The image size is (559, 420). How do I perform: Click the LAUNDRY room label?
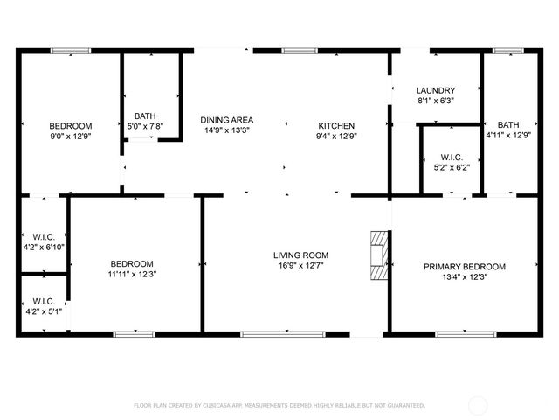point(435,90)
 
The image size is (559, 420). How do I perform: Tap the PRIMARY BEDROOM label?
point(465,266)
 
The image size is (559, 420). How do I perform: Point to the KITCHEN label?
point(336,125)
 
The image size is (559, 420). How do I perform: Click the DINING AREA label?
point(227,120)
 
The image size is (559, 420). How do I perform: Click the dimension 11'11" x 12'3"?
point(132,274)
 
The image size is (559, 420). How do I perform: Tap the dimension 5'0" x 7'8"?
point(145,126)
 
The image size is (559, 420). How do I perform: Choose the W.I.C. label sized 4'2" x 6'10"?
point(44,236)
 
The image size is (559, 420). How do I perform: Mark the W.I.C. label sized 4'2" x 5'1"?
point(44,301)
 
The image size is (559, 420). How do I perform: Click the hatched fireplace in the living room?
point(377,255)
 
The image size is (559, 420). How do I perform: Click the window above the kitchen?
point(294,51)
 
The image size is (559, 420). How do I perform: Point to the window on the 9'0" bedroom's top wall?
point(71,51)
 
